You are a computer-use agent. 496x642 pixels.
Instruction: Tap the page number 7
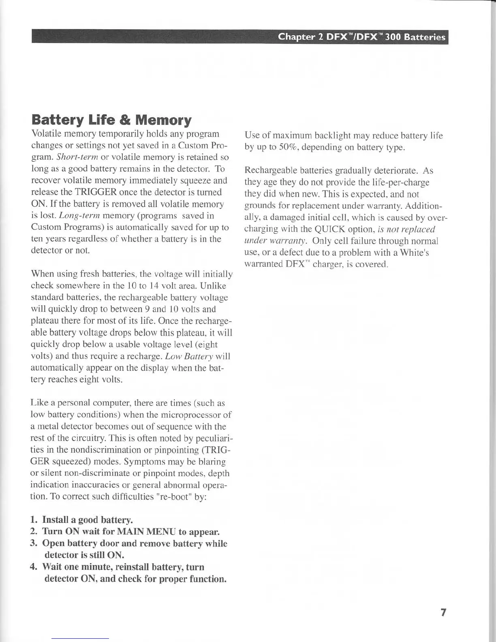[x=443, y=612]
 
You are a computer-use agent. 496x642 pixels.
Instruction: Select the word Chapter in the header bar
[x=296, y=37]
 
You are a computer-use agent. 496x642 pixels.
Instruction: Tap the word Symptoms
[x=143, y=462]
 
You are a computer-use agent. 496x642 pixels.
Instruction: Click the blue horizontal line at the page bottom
[x=80, y=638]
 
